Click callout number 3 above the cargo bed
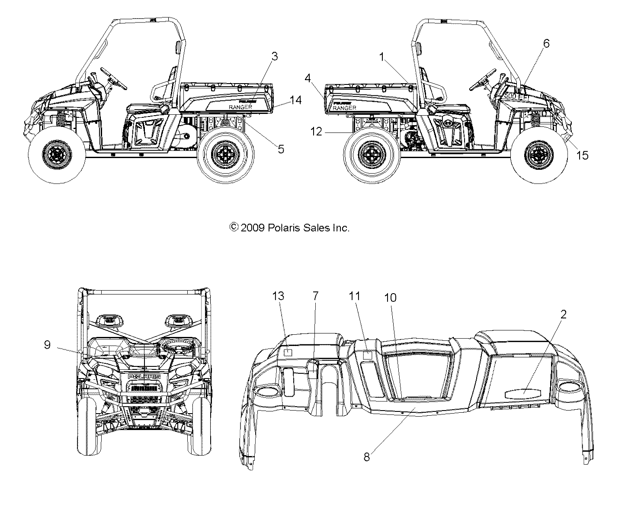[274, 56]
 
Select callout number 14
[295, 100]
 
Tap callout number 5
[281, 149]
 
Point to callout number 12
[317, 132]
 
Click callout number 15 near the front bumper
[583, 155]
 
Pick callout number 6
[546, 43]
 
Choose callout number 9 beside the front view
[47, 344]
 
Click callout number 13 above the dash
[279, 296]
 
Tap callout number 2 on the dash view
[563, 315]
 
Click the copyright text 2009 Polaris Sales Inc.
[289, 228]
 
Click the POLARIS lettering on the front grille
[144, 376]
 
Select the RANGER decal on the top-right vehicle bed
[345, 108]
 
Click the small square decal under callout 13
[289, 352]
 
